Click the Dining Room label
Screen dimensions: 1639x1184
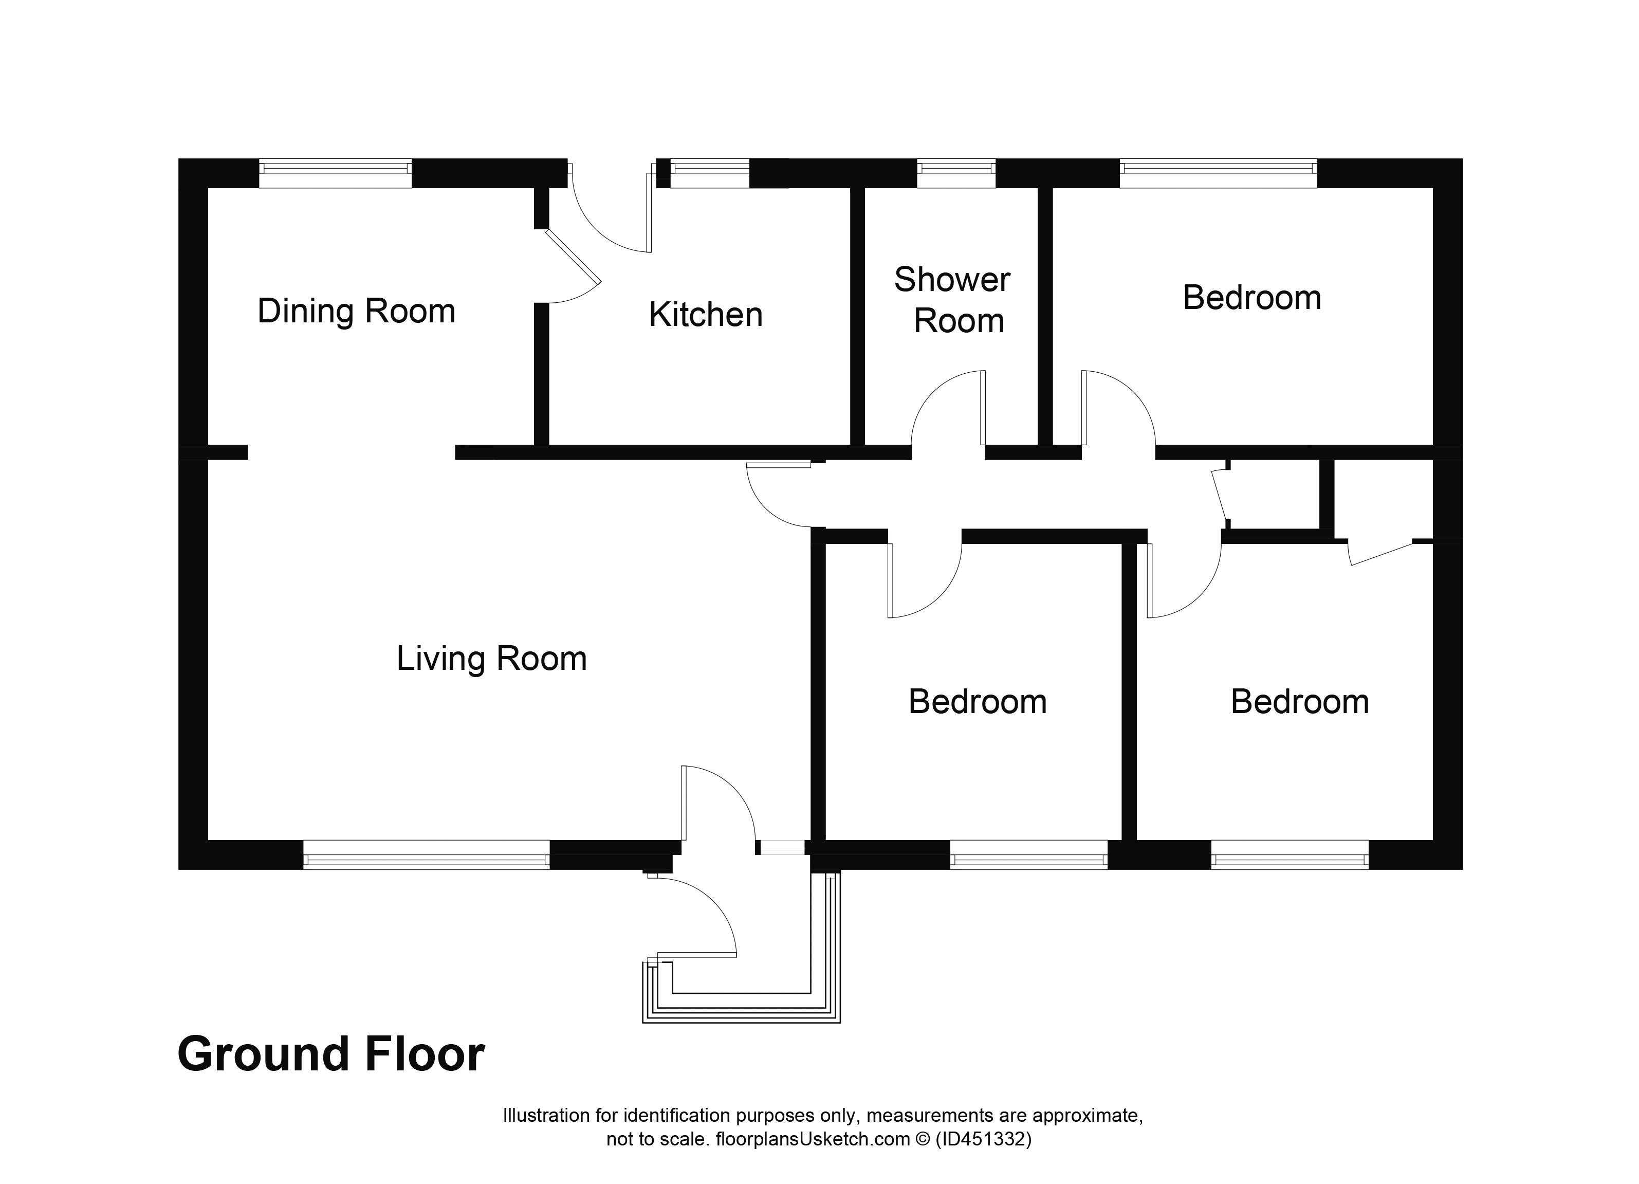point(356,312)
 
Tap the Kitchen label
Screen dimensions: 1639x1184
point(705,315)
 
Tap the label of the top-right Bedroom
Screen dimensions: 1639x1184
point(1251,298)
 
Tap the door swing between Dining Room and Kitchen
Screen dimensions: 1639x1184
point(575,271)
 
